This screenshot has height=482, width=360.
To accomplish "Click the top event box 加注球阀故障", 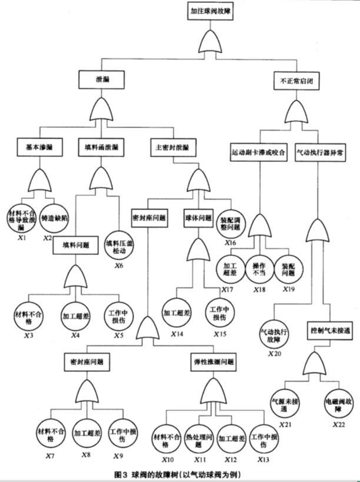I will click(211, 10).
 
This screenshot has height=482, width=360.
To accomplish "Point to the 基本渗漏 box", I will click(35, 147).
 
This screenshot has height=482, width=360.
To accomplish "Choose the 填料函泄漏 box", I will click(98, 147).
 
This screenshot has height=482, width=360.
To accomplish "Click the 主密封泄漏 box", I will click(173, 147).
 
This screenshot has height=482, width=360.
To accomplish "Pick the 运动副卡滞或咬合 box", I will click(258, 151).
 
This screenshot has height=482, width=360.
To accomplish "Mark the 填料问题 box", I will click(75, 245).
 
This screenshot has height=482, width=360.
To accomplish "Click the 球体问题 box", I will click(198, 217).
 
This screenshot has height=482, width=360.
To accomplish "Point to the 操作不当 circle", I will click(259, 268).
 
